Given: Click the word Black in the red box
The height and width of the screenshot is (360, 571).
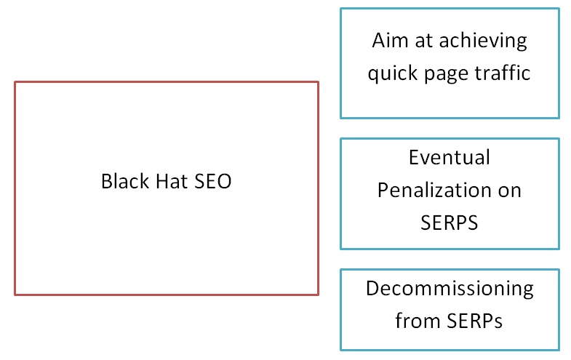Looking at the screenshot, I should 121,181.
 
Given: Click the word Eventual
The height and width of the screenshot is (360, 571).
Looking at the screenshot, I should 449,157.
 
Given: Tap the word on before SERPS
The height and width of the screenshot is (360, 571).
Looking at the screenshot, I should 509,190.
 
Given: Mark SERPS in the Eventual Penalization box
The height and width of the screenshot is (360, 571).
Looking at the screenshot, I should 449,223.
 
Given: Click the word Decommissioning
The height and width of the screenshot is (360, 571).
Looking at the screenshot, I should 449,288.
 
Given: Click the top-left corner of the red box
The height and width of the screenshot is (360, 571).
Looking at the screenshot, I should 15,81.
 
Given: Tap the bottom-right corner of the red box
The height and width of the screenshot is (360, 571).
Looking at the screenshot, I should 318,295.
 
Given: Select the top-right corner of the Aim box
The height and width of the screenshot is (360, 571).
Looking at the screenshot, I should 559,8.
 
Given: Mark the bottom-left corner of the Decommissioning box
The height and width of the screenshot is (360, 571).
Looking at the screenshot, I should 340,349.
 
